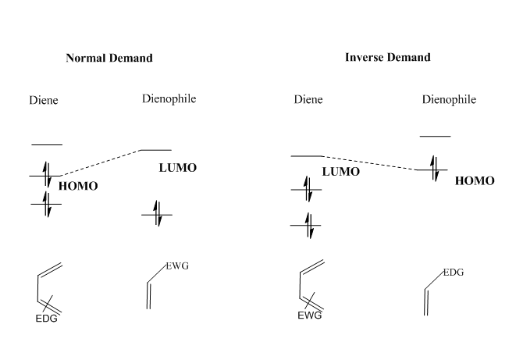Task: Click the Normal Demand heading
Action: [109, 58]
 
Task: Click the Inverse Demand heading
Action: [387, 57]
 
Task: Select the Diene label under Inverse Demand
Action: [309, 100]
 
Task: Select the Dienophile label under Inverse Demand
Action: [449, 100]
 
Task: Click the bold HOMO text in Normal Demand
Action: [78, 186]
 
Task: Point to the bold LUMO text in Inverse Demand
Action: [341, 172]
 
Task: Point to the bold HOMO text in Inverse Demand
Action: [475, 180]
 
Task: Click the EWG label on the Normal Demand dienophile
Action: [177, 267]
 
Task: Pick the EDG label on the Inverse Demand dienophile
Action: [453, 273]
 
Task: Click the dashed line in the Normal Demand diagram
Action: [101, 162]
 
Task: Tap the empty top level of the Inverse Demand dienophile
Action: [435, 137]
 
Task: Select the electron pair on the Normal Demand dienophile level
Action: [156, 214]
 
